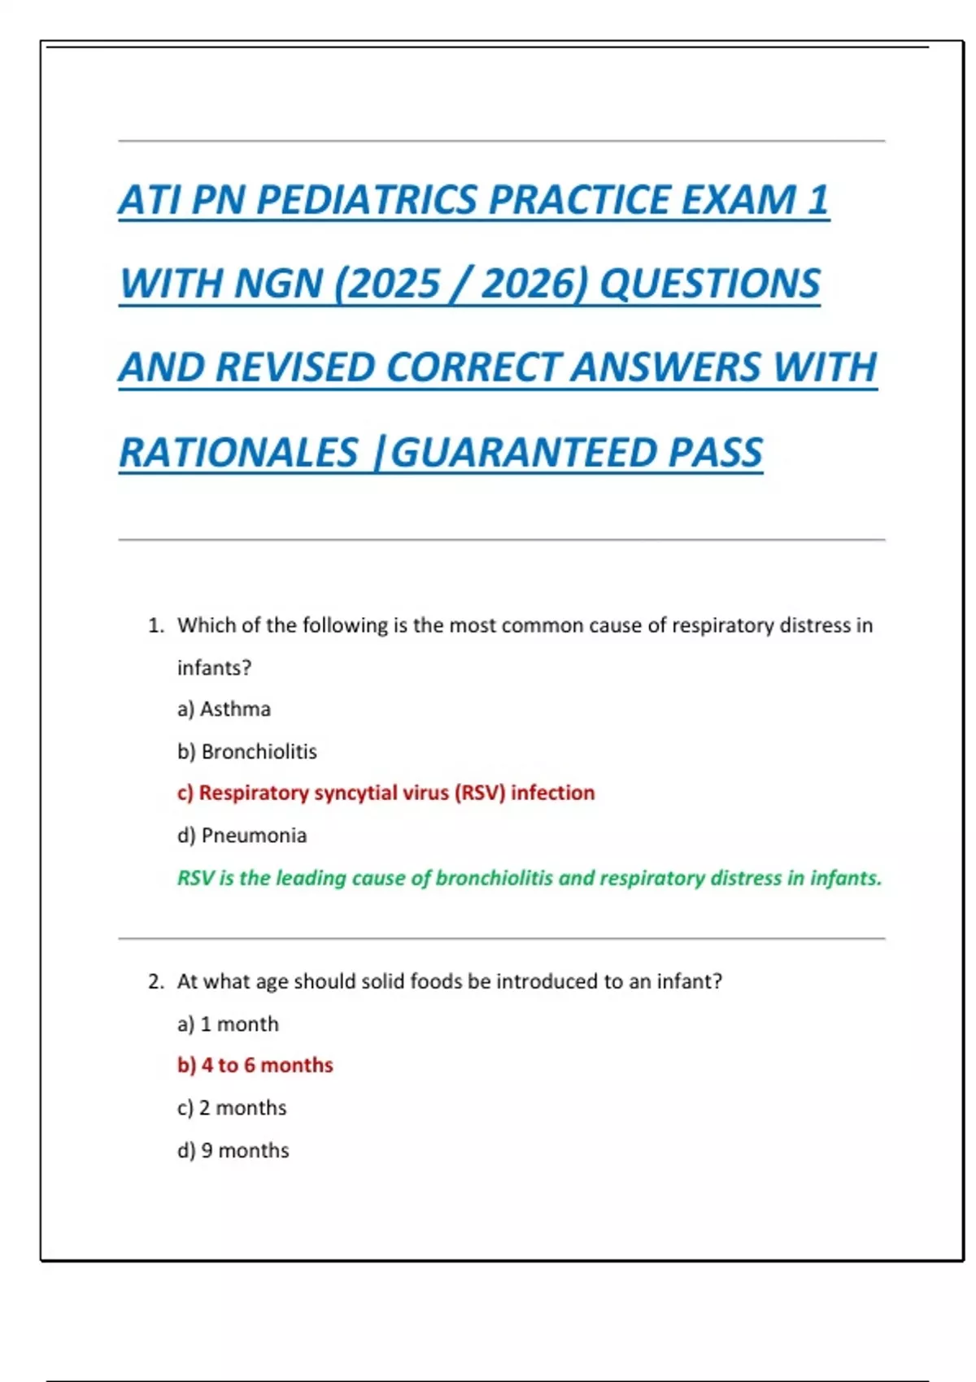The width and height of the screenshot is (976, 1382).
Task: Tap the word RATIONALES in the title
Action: (x=238, y=453)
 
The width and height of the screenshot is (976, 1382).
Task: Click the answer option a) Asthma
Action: (x=224, y=709)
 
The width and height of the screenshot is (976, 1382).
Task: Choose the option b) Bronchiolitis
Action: (x=247, y=751)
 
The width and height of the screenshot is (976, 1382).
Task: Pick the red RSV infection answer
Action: (x=386, y=793)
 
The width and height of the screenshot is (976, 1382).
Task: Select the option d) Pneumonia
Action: (x=242, y=835)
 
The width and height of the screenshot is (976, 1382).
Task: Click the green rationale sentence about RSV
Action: (x=529, y=878)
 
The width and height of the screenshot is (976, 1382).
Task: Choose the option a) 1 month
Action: (x=228, y=1023)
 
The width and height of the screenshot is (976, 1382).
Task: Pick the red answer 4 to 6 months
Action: (x=255, y=1065)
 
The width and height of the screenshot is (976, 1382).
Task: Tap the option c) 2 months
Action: (x=232, y=1107)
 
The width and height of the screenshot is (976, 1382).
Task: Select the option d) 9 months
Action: (x=233, y=1150)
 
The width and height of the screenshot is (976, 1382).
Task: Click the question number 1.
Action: (x=155, y=625)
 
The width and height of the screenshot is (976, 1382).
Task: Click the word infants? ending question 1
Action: (x=214, y=667)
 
